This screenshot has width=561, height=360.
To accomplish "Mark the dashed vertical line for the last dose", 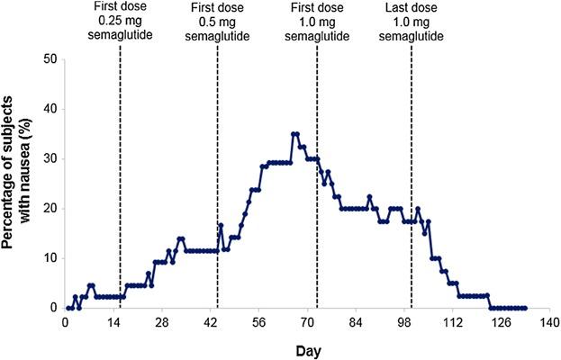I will click(x=412, y=180).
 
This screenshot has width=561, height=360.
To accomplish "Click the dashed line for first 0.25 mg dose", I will click(x=121, y=180).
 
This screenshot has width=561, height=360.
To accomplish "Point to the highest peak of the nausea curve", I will click(x=294, y=134).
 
